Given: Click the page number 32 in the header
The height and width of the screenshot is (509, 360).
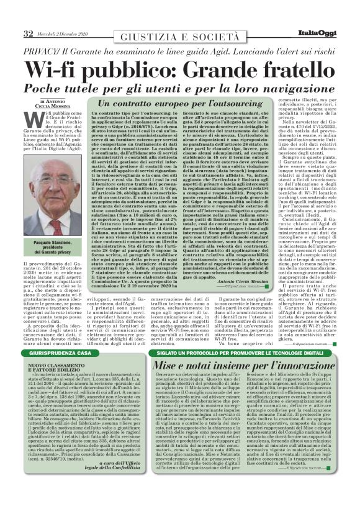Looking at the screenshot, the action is pyautogui.click(x=28, y=32).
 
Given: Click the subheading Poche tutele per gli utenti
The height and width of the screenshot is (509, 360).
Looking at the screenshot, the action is pyautogui.click(x=112, y=86).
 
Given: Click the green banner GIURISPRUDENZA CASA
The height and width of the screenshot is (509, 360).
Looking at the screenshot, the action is pyautogui.click(x=52, y=352).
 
